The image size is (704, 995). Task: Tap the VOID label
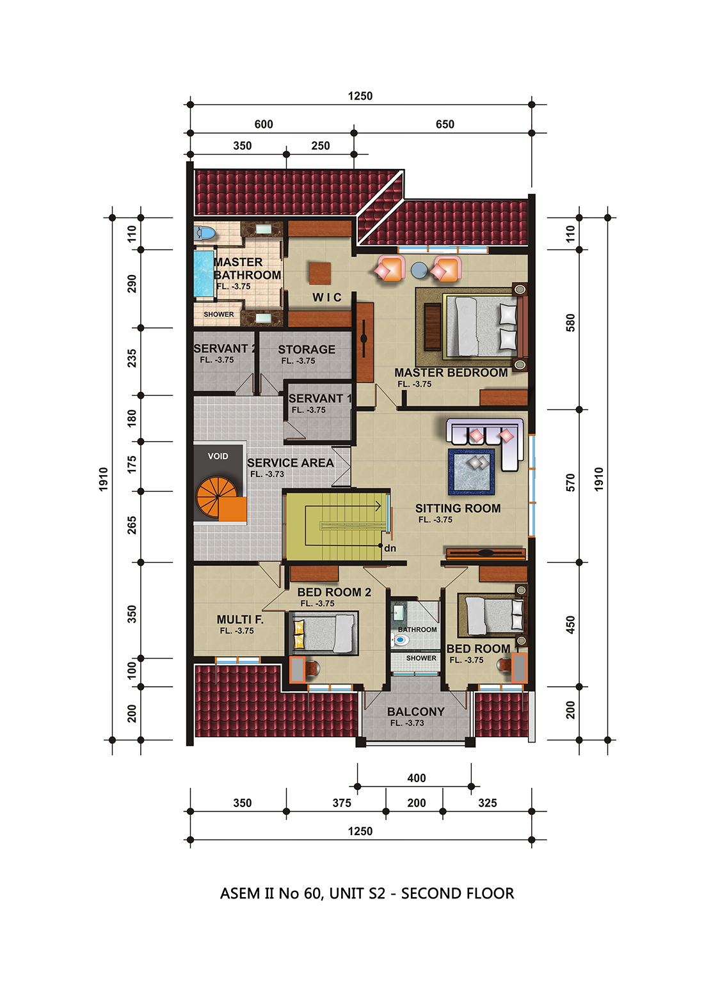(218, 456)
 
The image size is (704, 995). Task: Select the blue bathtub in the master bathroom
(203, 274)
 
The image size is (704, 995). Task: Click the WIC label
(327, 297)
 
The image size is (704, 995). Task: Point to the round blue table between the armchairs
(419, 270)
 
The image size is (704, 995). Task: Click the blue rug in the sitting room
(471, 472)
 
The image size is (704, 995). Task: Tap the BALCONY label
(415, 712)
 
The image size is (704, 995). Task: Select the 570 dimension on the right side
(570, 482)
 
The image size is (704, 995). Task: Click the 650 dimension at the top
(445, 124)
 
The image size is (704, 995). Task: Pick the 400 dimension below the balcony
(417, 778)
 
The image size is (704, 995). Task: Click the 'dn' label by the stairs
(390, 548)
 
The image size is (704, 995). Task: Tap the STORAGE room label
(307, 350)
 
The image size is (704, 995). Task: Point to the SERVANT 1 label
(320, 398)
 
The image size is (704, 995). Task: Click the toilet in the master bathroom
(204, 233)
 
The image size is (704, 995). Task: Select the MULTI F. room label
(240, 619)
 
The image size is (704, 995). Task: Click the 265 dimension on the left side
(132, 525)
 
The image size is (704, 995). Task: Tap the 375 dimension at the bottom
(342, 803)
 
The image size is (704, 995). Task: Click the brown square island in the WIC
(320, 274)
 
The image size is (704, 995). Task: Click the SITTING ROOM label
(458, 508)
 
